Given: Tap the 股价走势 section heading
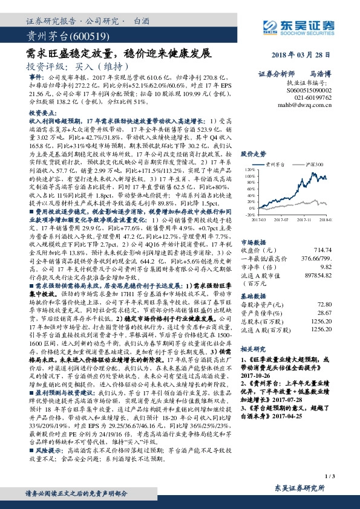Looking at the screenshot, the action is point(252,155).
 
